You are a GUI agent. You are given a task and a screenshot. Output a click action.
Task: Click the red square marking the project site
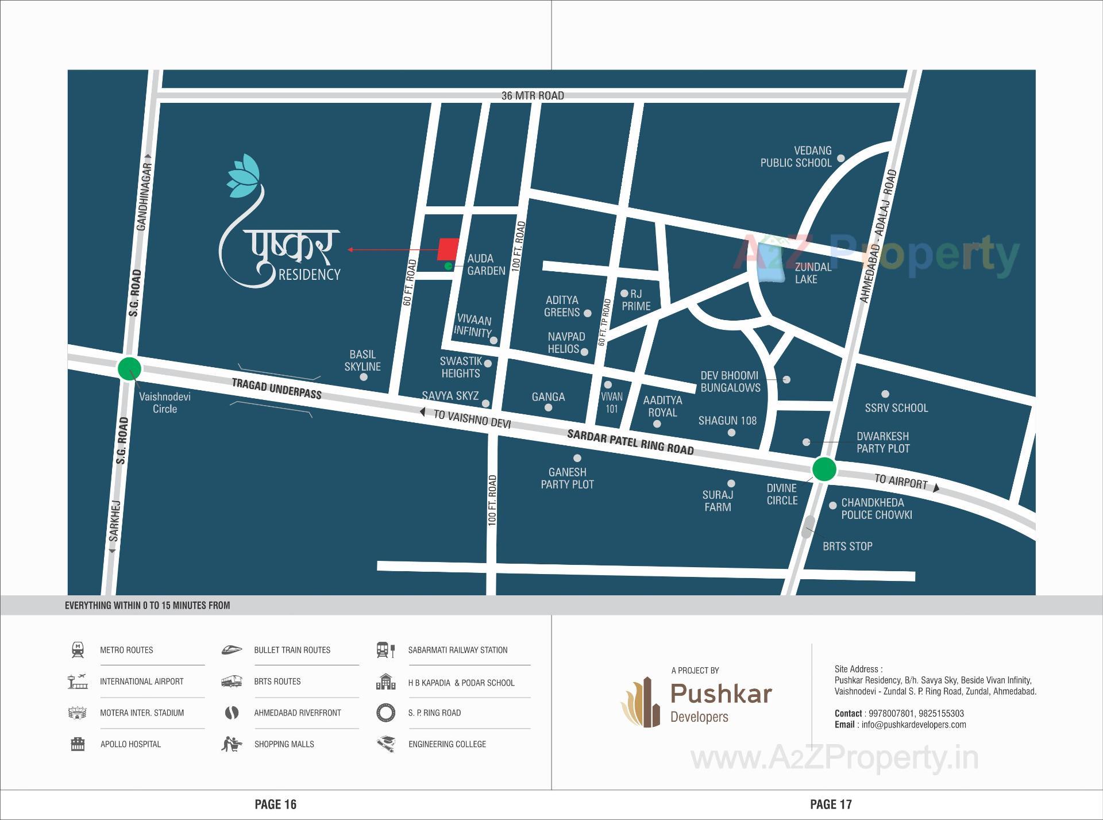[x=448, y=249]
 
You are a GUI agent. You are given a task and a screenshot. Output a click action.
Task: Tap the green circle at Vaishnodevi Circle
[x=129, y=368]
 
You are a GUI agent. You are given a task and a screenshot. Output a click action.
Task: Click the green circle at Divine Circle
[x=824, y=469]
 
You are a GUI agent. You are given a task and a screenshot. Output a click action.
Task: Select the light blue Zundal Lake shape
[x=771, y=263]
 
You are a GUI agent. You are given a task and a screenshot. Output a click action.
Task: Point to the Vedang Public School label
[x=796, y=157]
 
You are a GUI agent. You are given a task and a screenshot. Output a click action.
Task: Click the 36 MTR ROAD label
[x=533, y=95]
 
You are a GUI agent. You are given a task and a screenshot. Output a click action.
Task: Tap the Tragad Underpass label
[x=276, y=389]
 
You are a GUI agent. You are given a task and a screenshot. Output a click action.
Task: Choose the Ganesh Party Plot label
[x=567, y=478]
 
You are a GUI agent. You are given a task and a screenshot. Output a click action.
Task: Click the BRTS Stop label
[x=847, y=546]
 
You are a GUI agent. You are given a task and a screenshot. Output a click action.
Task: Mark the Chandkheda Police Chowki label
[x=876, y=509]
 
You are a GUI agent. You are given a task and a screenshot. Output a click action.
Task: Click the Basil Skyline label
[x=362, y=360]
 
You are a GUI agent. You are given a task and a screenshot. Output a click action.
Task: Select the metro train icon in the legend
[x=78, y=650]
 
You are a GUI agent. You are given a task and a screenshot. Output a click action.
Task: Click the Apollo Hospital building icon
[x=78, y=744]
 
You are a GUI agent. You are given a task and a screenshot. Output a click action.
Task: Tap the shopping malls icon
[x=232, y=744]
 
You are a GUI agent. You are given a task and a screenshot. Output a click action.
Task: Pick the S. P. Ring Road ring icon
[x=385, y=713]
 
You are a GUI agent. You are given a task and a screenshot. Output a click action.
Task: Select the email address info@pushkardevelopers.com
[x=913, y=725]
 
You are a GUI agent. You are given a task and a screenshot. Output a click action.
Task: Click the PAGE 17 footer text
[x=831, y=804]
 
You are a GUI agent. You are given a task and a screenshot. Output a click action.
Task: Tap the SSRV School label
[x=896, y=407]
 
